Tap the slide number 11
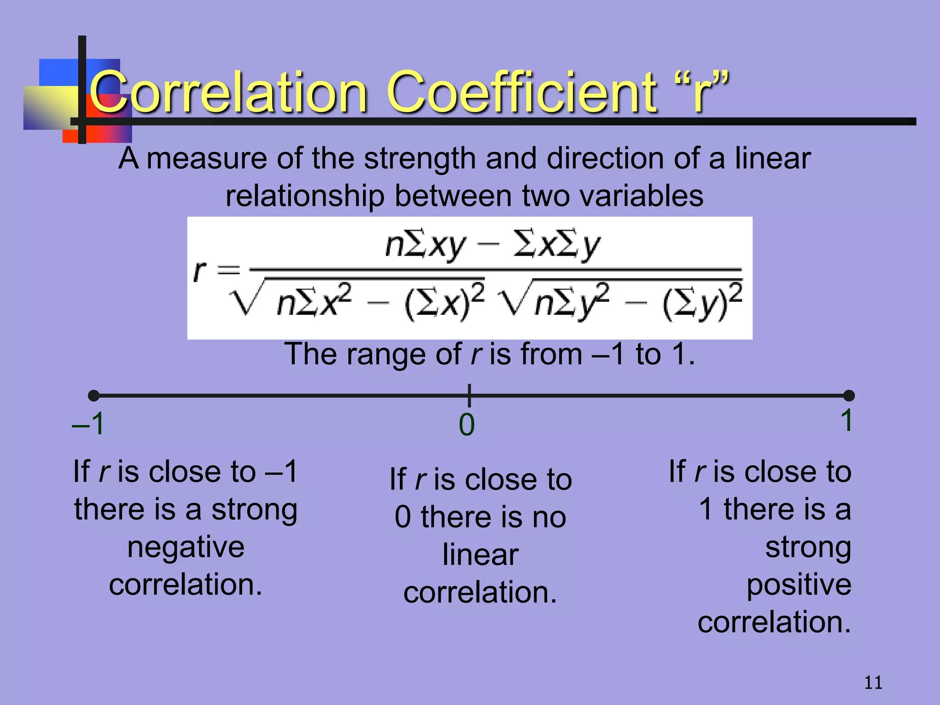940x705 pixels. [873, 683]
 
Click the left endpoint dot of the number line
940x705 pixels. [94, 395]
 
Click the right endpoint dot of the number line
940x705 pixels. [849, 395]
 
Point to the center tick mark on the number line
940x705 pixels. [469, 395]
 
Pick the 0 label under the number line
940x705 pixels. [467, 425]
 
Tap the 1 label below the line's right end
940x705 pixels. [846, 420]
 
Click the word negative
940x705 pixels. [186, 547]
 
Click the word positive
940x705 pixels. [799, 585]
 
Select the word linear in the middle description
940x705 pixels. [480, 555]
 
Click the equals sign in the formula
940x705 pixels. [228, 269]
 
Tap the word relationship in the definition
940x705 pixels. [305, 196]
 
